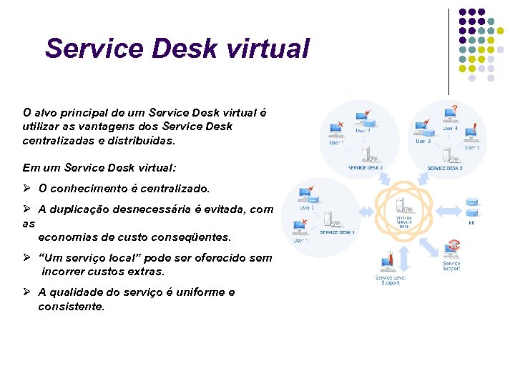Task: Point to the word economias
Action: click(x=72, y=237)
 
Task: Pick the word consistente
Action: click(x=72, y=307)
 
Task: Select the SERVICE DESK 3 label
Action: click(x=445, y=168)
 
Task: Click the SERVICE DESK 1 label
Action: click(x=337, y=232)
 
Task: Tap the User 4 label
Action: click(x=448, y=129)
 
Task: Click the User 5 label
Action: click(x=472, y=147)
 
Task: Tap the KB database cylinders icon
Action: click(x=472, y=208)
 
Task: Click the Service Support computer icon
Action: click(x=452, y=249)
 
